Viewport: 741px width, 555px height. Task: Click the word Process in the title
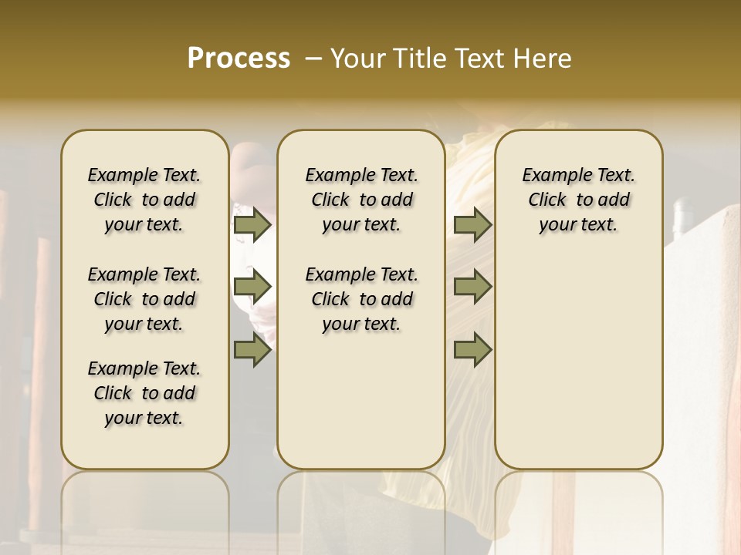(238, 59)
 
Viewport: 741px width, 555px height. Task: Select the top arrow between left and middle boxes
(252, 224)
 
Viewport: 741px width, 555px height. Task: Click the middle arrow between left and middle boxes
(252, 287)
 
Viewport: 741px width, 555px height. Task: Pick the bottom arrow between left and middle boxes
(252, 351)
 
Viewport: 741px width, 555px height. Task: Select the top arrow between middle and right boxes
(472, 224)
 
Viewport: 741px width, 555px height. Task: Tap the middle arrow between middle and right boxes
(472, 287)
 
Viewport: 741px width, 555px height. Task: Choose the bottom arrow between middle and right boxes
(472, 351)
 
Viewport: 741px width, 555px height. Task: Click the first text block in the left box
(144, 200)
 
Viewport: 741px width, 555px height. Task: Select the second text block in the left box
(144, 299)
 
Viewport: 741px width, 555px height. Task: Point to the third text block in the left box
(144, 393)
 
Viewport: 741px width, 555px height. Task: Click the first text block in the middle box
(361, 200)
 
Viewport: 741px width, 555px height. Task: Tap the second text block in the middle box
(361, 299)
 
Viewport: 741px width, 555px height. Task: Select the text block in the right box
(578, 200)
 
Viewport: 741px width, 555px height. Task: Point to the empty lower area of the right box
(578, 362)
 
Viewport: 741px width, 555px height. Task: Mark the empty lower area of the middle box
(361, 401)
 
